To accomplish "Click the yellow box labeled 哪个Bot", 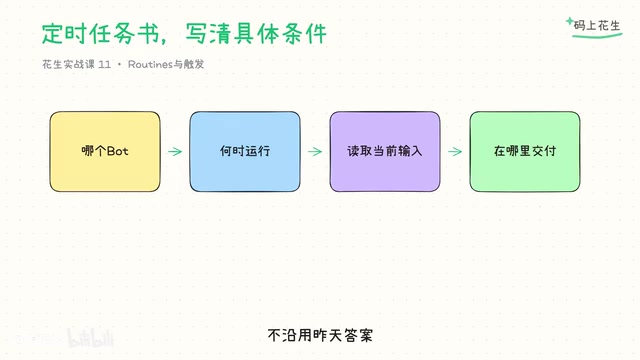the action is click(105, 151).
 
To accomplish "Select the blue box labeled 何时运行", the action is click(245, 151).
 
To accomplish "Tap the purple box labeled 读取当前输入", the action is click(385, 151).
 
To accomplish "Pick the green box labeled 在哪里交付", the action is click(525, 151).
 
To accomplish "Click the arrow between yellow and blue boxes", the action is click(175, 151).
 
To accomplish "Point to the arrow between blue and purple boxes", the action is click(315, 151).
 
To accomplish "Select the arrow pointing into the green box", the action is click(455, 151).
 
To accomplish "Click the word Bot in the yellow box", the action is click(118, 151).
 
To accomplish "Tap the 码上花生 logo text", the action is click(597, 26).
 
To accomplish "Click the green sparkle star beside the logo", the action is click(570, 21).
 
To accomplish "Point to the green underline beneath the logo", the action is click(597, 36).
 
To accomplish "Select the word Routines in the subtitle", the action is click(150, 64).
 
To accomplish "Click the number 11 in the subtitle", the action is click(104, 64).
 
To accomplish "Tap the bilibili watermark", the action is click(91, 338).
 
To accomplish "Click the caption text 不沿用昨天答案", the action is click(320, 336).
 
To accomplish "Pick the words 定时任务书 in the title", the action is click(100, 33).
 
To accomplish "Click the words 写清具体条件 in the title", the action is click(256, 33).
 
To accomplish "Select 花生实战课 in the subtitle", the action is click(69, 64).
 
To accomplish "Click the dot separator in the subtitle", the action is click(119, 64).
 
